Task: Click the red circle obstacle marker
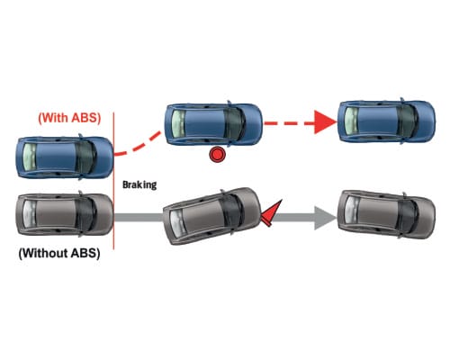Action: (x=217, y=155)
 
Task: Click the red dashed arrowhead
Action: (x=326, y=122)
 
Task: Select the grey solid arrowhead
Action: (x=326, y=218)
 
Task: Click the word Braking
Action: (x=139, y=184)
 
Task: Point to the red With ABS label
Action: (x=69, y=118)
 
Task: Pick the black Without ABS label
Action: (x=59, y=253)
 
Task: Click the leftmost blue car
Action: (x=65, y=157)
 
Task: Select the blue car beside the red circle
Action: (x=213, y=124)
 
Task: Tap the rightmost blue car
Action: (x=386, y=121)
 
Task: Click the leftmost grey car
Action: (x=65, y=214)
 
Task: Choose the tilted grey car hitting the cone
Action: (x=211, y=216)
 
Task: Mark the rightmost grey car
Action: (x=386, y=214)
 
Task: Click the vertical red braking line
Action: (x=113, y=181)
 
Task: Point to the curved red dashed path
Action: (x=139, y=145)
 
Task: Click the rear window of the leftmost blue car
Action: (x=30, y=157)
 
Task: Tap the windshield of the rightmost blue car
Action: (x=408, y=121)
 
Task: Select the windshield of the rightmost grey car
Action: (x=408, y=214)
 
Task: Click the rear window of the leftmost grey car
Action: (x=30, y=214)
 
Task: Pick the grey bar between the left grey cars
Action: (x=139, y=218)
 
